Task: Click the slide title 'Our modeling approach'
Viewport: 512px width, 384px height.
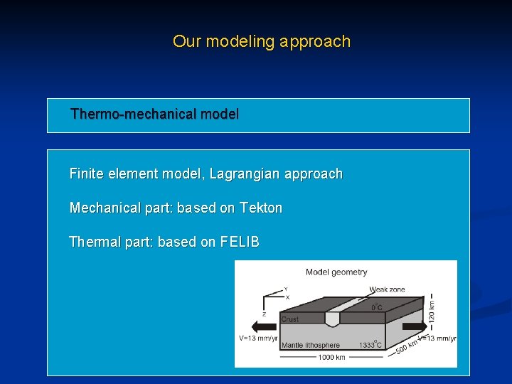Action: (262, 41)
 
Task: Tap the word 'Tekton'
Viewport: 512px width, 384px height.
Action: (261, 208)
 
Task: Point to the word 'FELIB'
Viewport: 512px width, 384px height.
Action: (240, 242)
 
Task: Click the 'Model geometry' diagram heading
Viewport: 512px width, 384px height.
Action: (336, 272)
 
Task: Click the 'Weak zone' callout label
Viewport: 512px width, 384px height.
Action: (388, 289)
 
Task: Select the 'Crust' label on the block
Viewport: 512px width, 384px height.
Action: (290, 319)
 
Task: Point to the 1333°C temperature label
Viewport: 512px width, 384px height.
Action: (370, 345)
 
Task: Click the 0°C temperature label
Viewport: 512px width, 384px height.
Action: (377, 307)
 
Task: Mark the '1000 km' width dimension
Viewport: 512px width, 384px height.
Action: (331, 357)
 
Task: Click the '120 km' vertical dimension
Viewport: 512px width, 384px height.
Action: (432, 309)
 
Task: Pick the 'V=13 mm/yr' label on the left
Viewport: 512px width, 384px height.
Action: (257, 338)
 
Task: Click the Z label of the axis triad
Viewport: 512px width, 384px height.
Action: (265, 314)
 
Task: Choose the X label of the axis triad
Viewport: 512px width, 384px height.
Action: (287, 297)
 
